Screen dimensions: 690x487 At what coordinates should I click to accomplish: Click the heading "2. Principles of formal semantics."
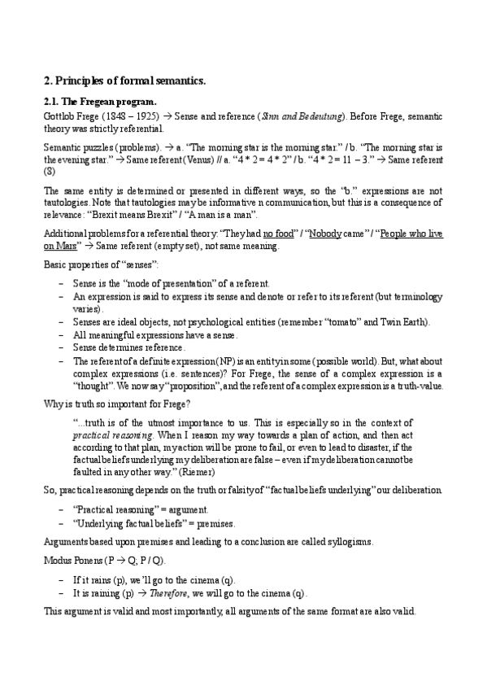tap(124, 81)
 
